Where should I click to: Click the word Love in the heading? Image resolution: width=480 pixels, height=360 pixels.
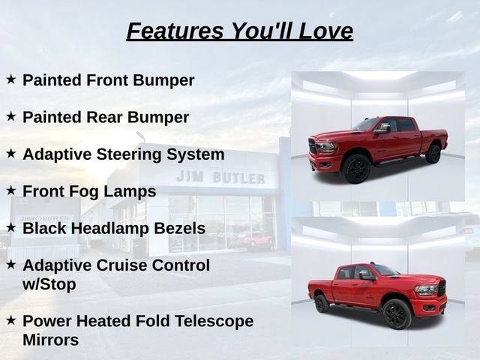point(325,31)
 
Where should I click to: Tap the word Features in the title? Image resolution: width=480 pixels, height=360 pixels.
point(175,31)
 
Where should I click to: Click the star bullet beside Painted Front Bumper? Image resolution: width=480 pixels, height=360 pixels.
point(10,79)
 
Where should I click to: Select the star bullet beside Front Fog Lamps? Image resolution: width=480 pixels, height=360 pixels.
point(10,190)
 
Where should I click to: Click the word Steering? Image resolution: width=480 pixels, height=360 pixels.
point(129,154)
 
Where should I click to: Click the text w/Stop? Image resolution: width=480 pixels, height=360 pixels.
point(49,284)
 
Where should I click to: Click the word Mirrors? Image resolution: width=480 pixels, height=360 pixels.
point(50,340)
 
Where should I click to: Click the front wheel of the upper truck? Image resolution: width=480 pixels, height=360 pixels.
point(356,169)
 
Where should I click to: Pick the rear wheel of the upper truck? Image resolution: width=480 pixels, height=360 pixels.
point(433,154)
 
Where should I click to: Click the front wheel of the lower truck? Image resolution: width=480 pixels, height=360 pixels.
point(397,313)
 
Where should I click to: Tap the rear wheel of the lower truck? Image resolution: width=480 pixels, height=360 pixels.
point(322,303)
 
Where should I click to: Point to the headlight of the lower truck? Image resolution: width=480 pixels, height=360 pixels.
point(427,290)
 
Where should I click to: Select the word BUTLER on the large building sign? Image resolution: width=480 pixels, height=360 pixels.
point(238,178)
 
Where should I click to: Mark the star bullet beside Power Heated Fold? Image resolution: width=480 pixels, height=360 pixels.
point(10,320)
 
